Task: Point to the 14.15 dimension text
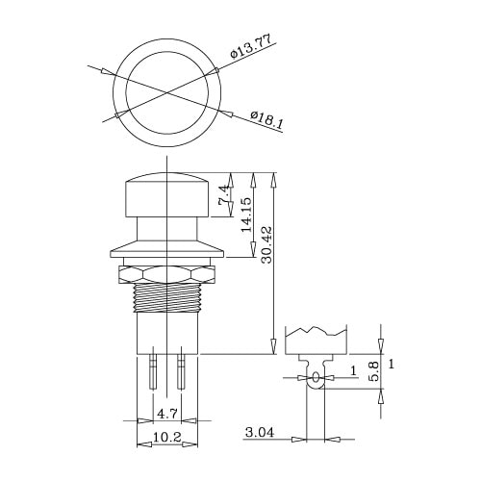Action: [247, 215]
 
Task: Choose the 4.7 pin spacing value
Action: [167, 414]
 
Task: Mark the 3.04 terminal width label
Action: [261, 434]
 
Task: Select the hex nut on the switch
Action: [167, 275]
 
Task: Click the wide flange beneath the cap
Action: [167, 252]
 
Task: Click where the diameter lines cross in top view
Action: [167, 92]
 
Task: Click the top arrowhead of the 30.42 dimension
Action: [275, 178]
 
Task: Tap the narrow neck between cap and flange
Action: [167, 231]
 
